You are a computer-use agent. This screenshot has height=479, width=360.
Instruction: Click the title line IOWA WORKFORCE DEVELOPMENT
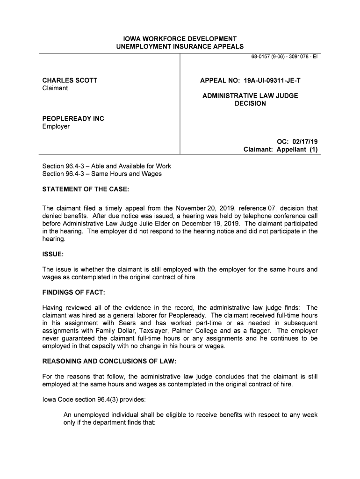(180, 38)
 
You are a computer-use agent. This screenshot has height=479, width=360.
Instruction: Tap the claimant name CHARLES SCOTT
(70, 80)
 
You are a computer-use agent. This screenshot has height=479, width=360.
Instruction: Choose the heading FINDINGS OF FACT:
(74, 292)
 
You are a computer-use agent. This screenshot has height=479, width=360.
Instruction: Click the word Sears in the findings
(128, 323)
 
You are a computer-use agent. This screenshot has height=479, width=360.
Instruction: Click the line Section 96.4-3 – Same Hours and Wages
(102, 174)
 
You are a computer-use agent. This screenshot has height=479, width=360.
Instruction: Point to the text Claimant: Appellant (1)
(281, 150)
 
